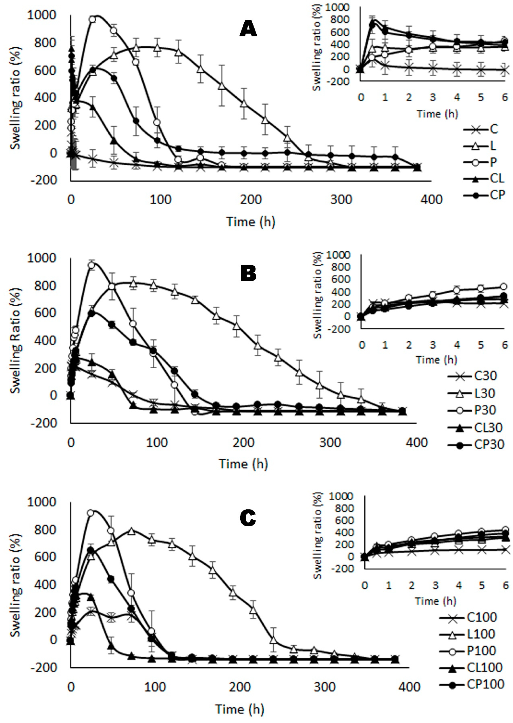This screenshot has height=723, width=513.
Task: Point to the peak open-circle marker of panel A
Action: pyautogui.click(x=92, y=19)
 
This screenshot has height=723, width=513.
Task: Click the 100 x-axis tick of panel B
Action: pyautogui.click(x=157, y=443)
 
